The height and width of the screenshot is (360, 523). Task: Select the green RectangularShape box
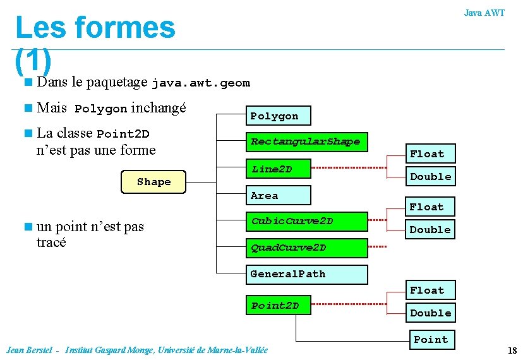point(306,141)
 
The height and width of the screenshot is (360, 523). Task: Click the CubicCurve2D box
point(306,221)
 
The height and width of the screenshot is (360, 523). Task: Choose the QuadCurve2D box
point(306,248)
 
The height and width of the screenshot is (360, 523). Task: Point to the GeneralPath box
point(306,274)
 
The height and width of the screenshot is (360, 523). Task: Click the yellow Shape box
point(154,182)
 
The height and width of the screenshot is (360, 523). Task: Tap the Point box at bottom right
point(431,340)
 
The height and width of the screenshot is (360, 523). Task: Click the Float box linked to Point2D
point(427,291)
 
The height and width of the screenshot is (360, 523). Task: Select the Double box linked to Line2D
point(430,177)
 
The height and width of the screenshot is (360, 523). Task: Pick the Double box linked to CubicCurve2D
point(430,230)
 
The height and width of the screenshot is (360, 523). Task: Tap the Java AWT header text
point(484,13)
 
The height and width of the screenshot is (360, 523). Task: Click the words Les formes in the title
point(95,28)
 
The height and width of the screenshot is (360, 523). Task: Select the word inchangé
point(159,108)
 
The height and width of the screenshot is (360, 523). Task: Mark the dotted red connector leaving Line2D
point(347,168)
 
